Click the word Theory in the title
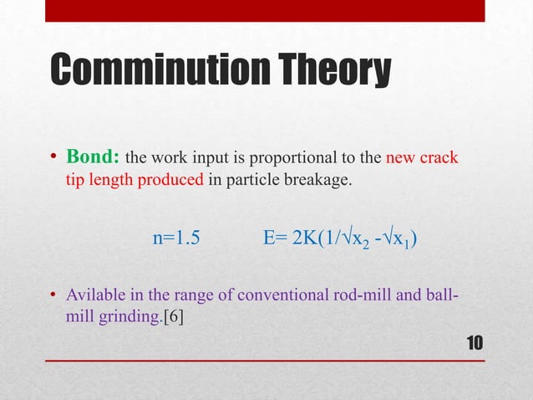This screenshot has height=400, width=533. tap(341, 70)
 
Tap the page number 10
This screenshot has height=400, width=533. tap(475, 343)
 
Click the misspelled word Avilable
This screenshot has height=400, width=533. tap(93, 297)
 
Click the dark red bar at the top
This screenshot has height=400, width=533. tap(266, 10)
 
